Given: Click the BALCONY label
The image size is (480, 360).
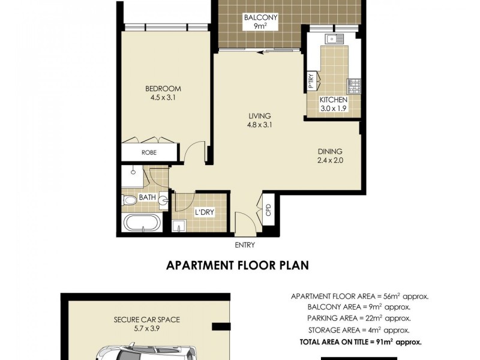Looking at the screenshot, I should point(260,18).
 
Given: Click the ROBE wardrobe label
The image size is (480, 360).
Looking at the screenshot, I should point(149,152).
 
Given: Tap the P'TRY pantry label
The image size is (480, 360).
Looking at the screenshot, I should point(311,80).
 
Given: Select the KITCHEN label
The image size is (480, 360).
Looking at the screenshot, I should point(334,100).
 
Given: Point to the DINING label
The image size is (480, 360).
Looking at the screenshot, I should point(331,152).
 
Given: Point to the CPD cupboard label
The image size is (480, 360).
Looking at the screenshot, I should point(268,210).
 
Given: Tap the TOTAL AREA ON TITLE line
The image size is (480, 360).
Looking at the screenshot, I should point(359,341).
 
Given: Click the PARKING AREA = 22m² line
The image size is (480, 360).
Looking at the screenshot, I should point(359,318).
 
